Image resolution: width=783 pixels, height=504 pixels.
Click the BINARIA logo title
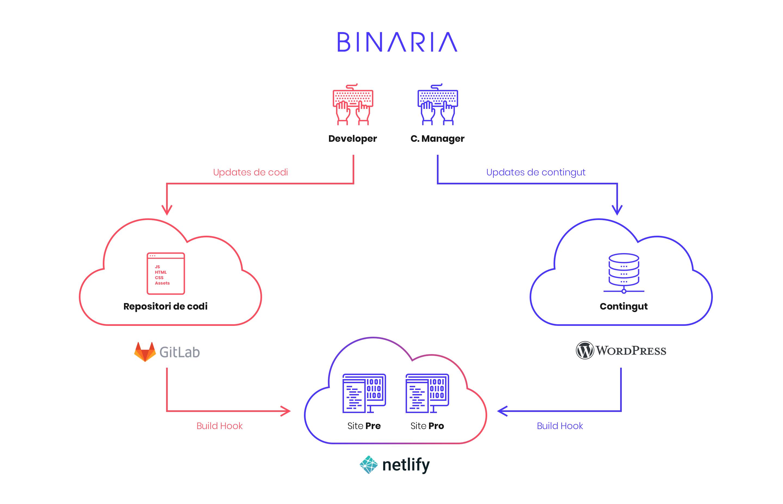click(397, 42)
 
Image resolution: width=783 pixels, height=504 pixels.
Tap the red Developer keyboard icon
click(353, 104)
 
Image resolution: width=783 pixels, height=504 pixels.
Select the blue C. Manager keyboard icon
click(437, 104)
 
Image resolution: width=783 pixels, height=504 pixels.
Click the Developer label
click(353, 138)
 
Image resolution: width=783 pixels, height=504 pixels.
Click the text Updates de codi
click(250, 172)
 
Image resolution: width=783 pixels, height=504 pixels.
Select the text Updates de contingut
click(535, 172)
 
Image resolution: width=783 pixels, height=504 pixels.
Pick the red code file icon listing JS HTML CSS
click(166, 273)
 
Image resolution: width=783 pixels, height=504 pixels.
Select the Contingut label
click(623, 306)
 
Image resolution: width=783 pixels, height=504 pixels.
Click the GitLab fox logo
click(145, 352)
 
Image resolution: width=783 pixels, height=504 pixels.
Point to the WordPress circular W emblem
click(585, 351)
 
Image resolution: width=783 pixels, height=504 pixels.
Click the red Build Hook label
click(219, 426)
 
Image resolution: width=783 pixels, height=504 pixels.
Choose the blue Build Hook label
click(560, 426)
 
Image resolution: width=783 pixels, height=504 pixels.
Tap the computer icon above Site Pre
click(364, 393)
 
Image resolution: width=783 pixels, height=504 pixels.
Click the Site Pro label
click(427, 426)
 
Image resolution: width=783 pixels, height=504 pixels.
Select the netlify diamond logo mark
click(369, 464)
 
